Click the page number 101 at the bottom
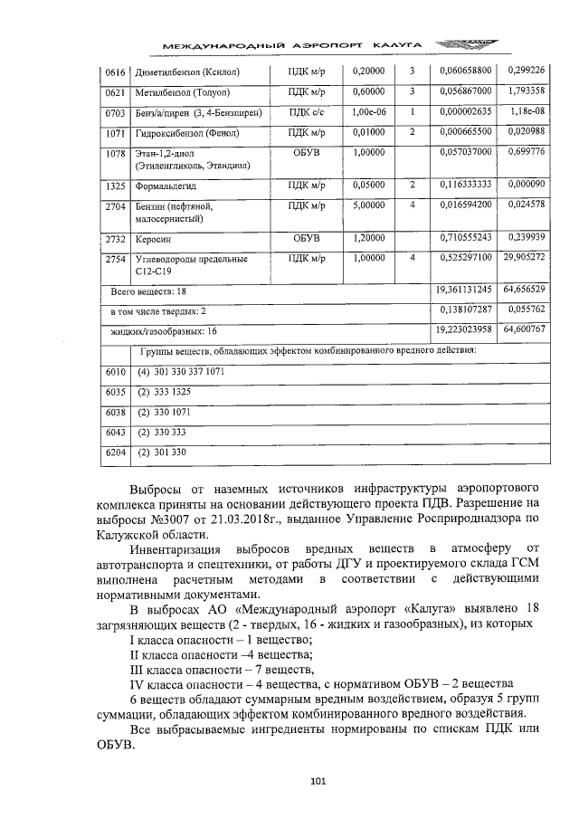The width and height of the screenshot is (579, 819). click(317, 781)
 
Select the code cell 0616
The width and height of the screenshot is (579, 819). click(113, 71)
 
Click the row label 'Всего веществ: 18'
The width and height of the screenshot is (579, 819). click(148, 291)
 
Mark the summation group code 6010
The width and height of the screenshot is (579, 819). click(113, 372)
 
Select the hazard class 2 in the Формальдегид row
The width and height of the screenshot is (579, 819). click(412, 186)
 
